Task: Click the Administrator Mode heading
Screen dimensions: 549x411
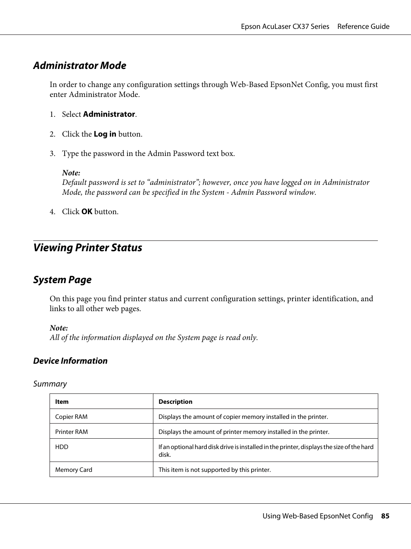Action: (80, 66)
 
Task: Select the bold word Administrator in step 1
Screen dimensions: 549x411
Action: (109, 114)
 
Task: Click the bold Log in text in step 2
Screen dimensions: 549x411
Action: (105, 134)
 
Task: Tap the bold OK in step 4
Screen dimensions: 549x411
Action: (87, 212)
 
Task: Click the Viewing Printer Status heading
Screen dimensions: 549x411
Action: (87, 248)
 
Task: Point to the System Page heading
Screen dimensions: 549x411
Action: (62, 280)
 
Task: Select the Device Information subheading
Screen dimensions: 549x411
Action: (70, 361)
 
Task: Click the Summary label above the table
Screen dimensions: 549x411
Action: (50, 384)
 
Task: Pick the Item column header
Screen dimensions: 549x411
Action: (62, 402)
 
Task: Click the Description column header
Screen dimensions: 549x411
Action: (175, 402)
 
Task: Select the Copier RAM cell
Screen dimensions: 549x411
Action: (71, 417)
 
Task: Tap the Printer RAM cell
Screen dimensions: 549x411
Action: (71, 432)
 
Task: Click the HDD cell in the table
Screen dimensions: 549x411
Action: (62, 447)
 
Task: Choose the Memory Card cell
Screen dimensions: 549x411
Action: (74, 470)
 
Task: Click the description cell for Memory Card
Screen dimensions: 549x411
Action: (215, 470)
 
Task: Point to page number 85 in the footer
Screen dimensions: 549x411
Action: (385, 516)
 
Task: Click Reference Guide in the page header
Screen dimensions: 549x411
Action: (363, 27)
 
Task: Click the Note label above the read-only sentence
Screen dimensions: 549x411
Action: (59, 328)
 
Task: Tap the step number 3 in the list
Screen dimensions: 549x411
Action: (52, 154)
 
